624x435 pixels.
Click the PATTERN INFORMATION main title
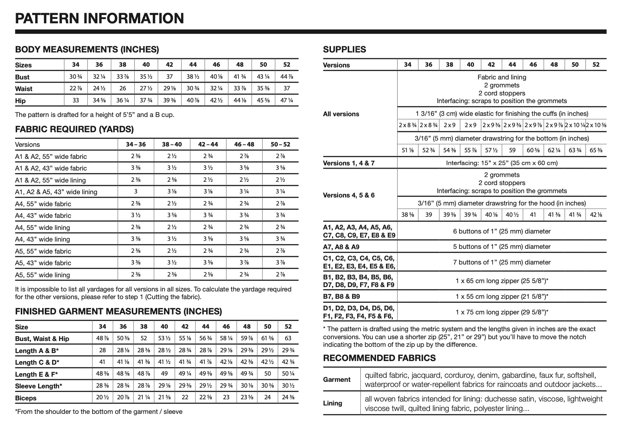tap(99, 18)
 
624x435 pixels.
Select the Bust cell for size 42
tap(169, 77)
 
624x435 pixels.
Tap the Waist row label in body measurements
tap(24, 89)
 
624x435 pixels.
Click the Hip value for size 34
tap(75, 101)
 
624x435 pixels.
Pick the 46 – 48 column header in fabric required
tap(244, 144)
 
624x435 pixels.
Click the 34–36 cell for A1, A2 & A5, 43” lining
tap(136, 192)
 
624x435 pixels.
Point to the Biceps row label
tap(25, 398)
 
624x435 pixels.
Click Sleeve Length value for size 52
tap(288, 386)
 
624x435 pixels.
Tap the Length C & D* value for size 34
tap(102, 362)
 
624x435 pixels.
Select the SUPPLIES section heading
tap(344, 50)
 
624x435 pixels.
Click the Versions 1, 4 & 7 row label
tap(348, 163)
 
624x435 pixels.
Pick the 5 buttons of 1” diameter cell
tap(501, 247)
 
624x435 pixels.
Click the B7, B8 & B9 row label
tap(341, 297)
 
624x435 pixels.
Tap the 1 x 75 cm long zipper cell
tap(501, 312)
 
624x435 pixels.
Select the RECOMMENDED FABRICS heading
tap(379, 358)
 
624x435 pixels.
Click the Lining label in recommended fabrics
tap(332, 403)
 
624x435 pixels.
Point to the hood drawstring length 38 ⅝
tap(407, 215)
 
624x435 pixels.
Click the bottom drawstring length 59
tap(512, 150)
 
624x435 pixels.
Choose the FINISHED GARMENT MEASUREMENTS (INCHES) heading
tap(118, 311)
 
